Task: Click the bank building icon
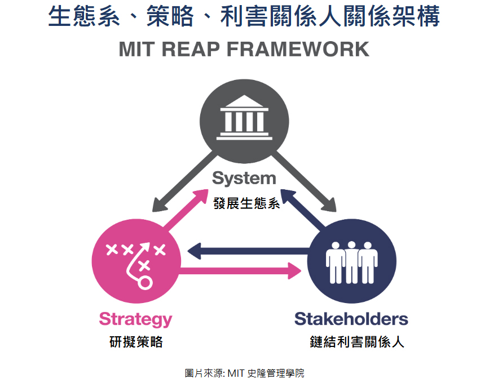244,117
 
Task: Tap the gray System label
244,179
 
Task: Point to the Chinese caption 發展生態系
246,203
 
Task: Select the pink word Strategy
135,319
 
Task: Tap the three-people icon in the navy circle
352,261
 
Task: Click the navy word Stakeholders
351,319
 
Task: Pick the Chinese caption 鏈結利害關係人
357,342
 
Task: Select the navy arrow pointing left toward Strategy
248,249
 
